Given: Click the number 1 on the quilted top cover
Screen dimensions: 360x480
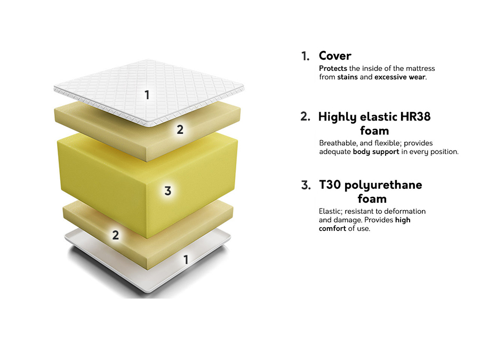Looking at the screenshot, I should tap(147, 95).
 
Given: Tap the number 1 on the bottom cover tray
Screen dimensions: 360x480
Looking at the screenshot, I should tap(186, 260).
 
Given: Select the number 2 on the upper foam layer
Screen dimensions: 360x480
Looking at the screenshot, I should tap(180, 129).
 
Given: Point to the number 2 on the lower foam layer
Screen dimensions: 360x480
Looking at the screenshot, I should tap(115, 235).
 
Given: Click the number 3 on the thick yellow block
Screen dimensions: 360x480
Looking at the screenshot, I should tap(167, 191).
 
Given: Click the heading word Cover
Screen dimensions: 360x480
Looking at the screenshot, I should tap(335, 55).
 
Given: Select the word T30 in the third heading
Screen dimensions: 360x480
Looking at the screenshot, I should tap(330, 185).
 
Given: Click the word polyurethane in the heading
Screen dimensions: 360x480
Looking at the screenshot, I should tap(383, 185).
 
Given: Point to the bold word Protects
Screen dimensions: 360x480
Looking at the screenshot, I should tap(333, 68).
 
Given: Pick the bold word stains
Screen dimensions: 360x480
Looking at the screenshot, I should tap(348, 77).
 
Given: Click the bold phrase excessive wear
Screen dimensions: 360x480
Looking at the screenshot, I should tap(400, 77).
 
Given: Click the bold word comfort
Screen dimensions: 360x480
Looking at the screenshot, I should tap(332, 228).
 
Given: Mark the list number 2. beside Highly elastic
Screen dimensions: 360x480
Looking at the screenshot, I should tap(305, 117).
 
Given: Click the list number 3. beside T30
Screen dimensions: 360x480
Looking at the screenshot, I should tap(306, 185).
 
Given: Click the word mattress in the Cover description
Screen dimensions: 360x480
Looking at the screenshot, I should tap(418, 68).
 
